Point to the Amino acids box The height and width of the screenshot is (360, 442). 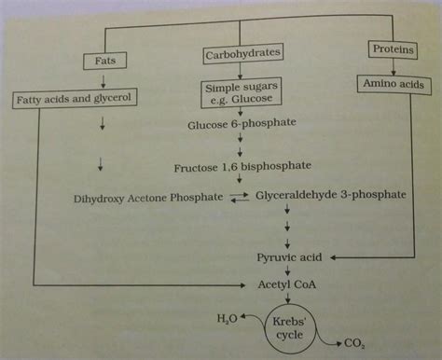pos(394,84)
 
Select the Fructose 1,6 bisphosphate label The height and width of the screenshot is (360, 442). pos(242,168)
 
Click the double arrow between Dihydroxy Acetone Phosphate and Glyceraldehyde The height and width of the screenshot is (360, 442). pos(241,197)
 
